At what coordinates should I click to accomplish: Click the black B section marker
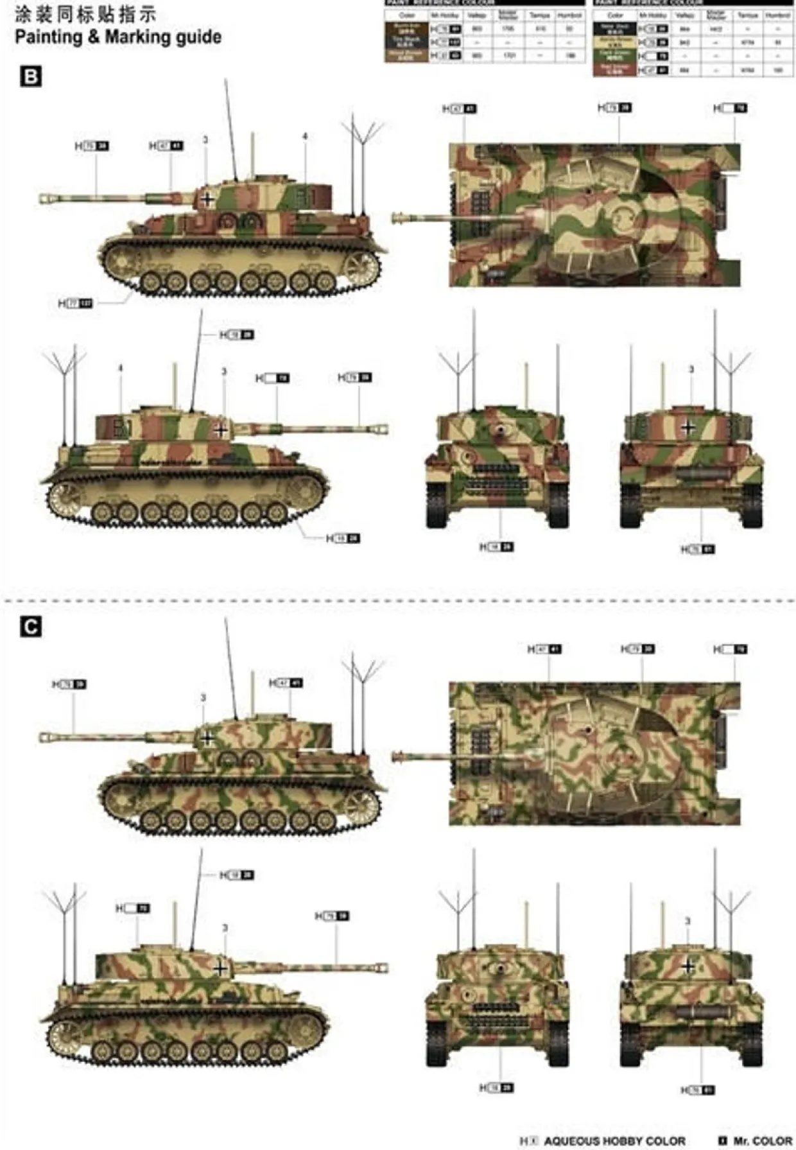[x=31, y=77]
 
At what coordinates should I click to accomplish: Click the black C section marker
[x=31, y=627]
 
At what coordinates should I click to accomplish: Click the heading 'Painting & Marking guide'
[x=118, y=37]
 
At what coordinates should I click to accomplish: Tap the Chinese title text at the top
[x=85, y=13]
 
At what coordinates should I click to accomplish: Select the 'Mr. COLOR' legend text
[x=761, y=1140]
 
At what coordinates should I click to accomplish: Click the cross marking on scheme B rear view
[x=688, y=427]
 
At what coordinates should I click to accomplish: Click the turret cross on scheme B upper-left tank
[x=207, y=198]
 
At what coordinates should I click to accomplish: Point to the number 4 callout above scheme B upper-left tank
[x=305, y=137]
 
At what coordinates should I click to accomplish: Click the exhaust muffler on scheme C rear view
[x=703, y=1011]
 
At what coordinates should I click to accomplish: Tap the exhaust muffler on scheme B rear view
[x=703, y=474]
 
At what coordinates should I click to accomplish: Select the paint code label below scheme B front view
[x=496, y=547]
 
